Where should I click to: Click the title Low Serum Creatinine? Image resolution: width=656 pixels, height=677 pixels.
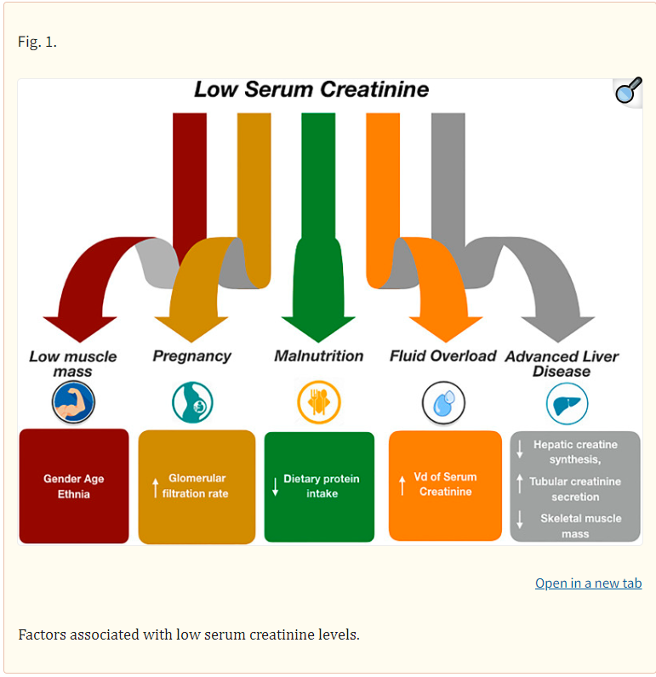point(311,90)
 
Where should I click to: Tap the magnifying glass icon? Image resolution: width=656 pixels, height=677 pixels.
point(628,90)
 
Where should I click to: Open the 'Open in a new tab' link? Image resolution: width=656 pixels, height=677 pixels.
point(588,583)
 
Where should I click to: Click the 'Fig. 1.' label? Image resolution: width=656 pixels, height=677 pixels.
point(37,42)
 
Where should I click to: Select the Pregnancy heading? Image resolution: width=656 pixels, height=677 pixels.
point(191,356)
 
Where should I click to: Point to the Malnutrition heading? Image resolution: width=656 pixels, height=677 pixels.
point(318,356)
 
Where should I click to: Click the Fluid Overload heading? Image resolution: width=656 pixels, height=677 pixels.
point(442,356)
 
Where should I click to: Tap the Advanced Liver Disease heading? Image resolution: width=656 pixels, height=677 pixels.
point(562,363)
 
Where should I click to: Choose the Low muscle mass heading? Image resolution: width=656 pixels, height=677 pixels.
point(73,364)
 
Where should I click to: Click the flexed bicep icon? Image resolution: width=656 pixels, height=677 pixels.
point(73,402)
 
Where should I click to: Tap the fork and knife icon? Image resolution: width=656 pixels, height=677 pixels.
point(318,402)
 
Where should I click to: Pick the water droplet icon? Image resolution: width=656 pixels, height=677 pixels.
point(443,402)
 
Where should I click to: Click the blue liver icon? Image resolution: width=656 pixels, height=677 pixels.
point(567,402)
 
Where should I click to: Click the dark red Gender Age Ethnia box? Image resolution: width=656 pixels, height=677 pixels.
point(74,486)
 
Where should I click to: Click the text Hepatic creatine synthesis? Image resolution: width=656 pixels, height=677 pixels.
point(575,452)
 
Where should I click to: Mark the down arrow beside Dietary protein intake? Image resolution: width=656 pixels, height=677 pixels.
point(275,486)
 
